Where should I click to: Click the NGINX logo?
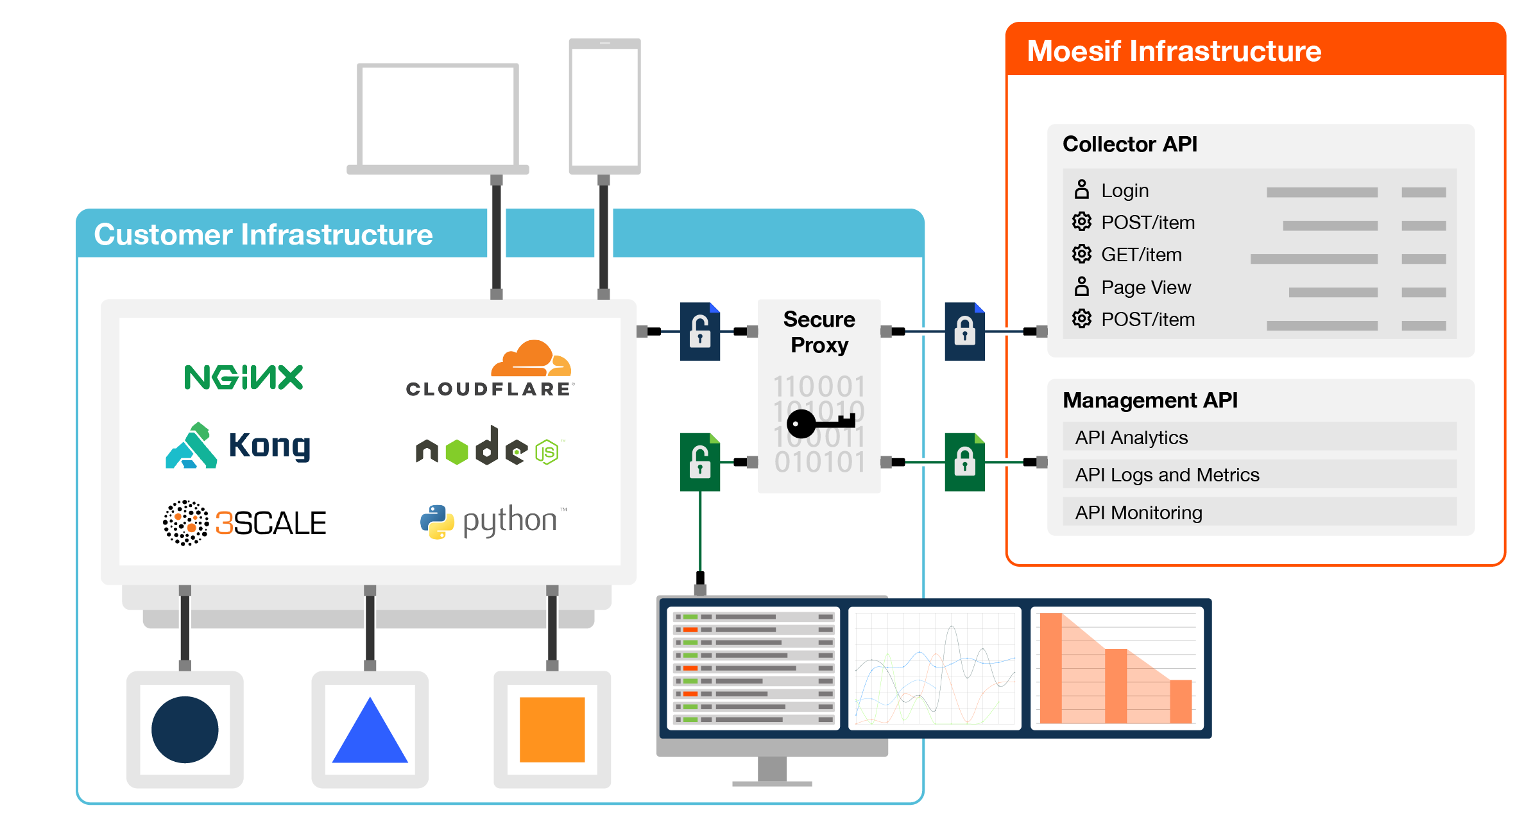[x=243, y=377]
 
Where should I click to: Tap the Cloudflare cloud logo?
[x=490, y=368]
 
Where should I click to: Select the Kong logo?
[x=238, y=445]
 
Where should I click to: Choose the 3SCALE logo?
[x=244, y=523]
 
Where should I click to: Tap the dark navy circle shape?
[x=185, y=730]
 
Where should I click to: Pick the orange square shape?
[x=552, y=730]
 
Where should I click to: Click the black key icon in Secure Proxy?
[x=821, y=424]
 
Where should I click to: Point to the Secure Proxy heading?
[x=819, y=332]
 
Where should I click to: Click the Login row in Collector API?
[x=1260, y=191]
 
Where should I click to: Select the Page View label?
[x=1146, y=288]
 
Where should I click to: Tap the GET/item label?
[x=1142, y=255]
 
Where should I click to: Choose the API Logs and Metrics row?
[x=1260, y=474]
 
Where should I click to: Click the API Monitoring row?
[x=1260, y=512]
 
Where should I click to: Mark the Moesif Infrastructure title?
[x=1174, y=51]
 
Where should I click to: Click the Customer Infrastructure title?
[x=263, y=234]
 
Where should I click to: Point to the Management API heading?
[x=1150, y=400]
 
